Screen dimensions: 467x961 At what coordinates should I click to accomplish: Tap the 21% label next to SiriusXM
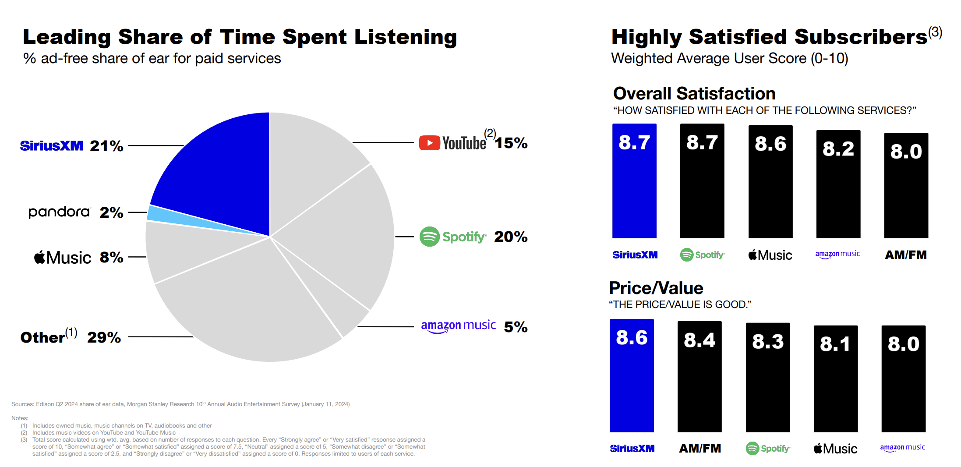pos(106,146)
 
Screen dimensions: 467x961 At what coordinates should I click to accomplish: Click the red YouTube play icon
pos(429,143)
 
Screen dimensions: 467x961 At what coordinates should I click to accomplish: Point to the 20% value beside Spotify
pos(511,237)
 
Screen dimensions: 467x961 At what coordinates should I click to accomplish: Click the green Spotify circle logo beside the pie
pos(429,237)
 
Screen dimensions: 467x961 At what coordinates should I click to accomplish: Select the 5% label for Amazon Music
pos(516,327)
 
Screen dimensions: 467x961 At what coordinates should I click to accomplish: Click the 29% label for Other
pos(104,337)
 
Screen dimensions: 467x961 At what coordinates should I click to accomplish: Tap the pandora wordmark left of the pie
pos(59,212)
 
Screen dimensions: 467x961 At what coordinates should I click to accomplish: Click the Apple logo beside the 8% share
pos(40,257)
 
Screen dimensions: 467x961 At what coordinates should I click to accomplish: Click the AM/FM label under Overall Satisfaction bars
pos(905,255)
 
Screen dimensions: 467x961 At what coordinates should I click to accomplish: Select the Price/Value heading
pos(656,288)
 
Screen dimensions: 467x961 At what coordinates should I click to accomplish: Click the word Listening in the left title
pos(405,37)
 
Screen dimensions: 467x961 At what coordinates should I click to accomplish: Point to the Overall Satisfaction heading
pos(694,93)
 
